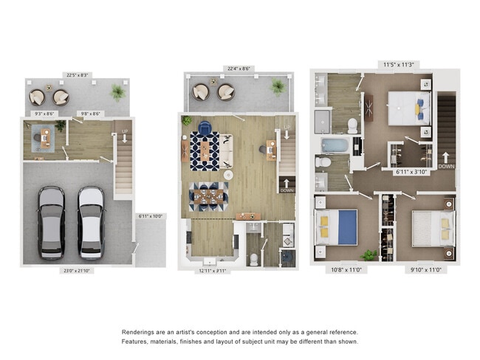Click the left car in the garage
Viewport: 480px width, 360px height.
point(51,222)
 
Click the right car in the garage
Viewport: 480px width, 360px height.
point(91,222)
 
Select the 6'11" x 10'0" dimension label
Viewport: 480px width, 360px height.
point(151,216)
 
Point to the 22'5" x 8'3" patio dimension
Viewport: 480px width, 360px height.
point(77,74)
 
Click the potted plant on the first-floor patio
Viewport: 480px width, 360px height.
point(117,93)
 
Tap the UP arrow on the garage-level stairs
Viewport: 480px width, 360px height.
point(123,135)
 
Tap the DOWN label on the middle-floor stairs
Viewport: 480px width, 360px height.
point(287,189)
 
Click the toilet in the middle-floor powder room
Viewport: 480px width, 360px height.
point(253,258)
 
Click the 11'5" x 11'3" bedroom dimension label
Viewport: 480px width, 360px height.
point(400,63)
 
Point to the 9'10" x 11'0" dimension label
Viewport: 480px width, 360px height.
point(427,270)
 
